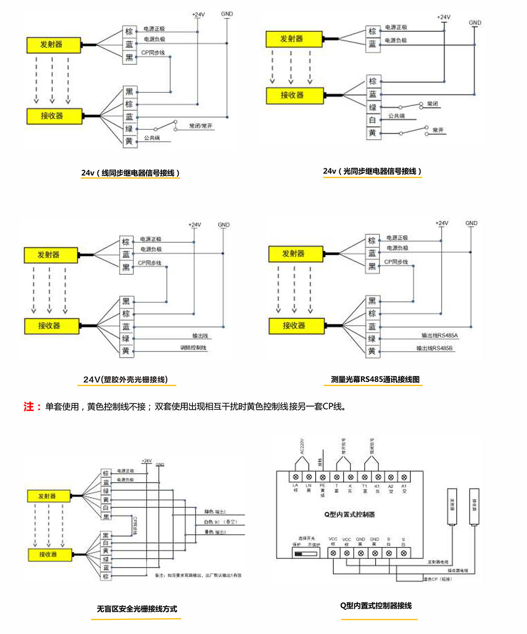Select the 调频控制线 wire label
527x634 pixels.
coord(194,348)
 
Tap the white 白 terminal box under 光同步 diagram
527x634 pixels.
coord(373,120)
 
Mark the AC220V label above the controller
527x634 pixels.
coord(302,446)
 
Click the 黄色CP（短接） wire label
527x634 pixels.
coord(437,579)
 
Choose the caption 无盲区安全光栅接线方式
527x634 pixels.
coord(137,608)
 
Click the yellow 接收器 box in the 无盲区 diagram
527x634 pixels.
coord(48,554)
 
